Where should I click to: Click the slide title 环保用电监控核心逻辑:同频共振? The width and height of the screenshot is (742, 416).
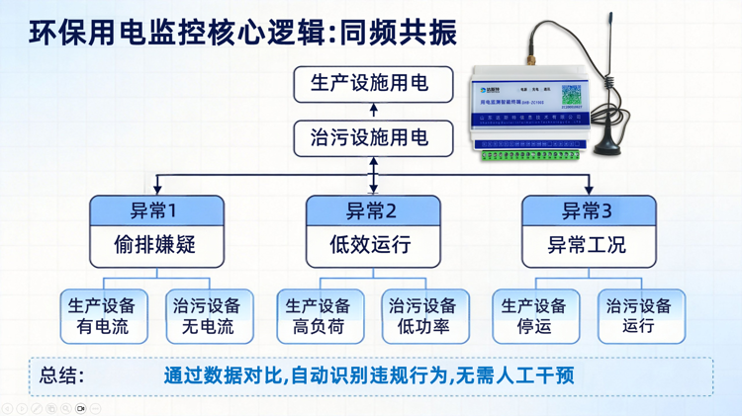tap(243, 32)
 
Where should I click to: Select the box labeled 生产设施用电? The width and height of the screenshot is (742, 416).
tap(373, 84)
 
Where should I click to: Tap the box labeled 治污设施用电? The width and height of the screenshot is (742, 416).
tap(373, 138)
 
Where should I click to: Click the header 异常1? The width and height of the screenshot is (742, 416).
tap(156, 210)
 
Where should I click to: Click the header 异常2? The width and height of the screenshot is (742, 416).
tap(372, 210)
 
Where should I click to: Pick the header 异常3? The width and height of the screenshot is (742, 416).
tap(588, 210)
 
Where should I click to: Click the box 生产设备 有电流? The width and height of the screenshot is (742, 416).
tap(104, 316)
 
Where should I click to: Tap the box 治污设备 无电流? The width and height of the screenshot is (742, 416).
tap(209, 316)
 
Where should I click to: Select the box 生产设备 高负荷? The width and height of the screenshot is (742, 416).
tap(320, 316)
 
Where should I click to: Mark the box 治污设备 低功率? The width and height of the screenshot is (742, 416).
tap(425, 316)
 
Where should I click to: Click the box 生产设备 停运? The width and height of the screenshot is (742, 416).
tap(535, 316)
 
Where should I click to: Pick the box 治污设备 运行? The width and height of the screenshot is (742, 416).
tap(641, 316)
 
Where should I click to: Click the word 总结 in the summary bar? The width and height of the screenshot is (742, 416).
tap(61, 376)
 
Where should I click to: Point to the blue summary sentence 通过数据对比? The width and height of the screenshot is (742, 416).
tap(369, 376)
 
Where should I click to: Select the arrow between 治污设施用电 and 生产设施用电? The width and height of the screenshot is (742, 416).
tap(374, 111)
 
